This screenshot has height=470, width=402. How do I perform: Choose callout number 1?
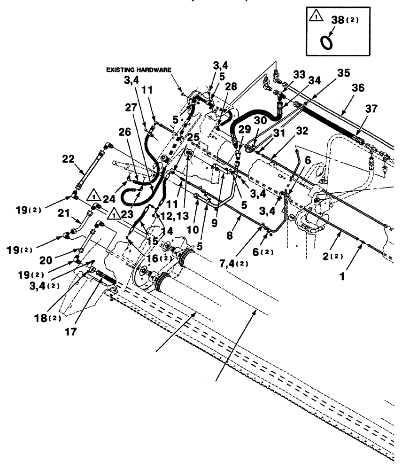343,277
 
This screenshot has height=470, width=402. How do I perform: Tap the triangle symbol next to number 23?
113,214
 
